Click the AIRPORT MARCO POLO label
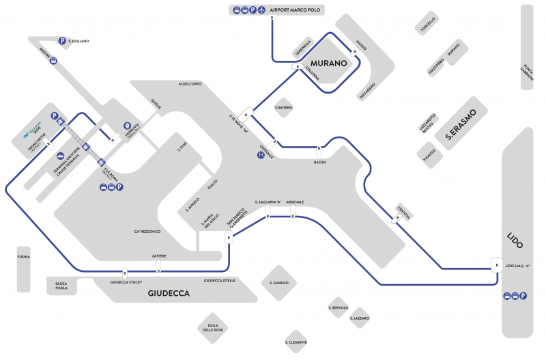[296, 10]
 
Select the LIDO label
[515, 240]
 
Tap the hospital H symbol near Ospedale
[260, 155]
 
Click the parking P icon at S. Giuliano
[62, 41]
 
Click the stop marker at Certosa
[395, 219]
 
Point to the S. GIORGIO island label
[279, 282]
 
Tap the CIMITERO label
[283, 108]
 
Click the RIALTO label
[212, 186]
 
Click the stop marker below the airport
[272, 18]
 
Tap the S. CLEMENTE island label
[296, 342]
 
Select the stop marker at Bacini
[319, 148]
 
